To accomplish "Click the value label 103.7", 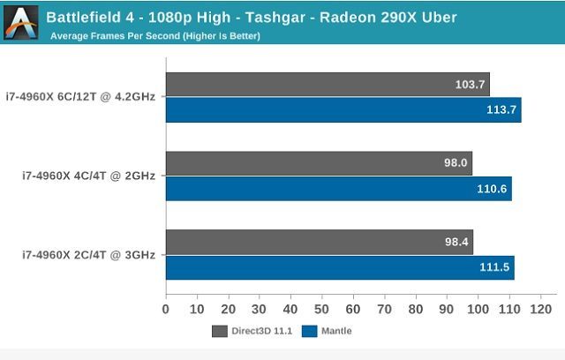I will [x=469, y=85].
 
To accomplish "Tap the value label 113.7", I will [x=500, y=110].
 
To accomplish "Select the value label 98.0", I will [x=455, y=163].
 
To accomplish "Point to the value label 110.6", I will [x=492, y=189].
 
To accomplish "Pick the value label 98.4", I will [x=456, y=242].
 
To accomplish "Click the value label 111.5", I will [x=494, y=267].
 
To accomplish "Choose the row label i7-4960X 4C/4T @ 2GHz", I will [x=88, y=176].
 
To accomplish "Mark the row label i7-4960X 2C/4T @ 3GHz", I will [x=88, y=255].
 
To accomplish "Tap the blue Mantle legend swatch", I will [x=309, y=332].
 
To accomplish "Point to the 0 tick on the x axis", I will [x=166, y=310].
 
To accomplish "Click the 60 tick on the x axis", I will [x=353, y=310].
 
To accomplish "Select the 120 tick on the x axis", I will [x=540, y=310].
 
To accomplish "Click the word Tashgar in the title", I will [x=238, y=17].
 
